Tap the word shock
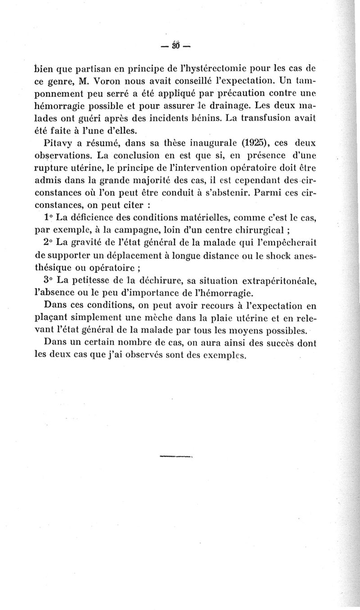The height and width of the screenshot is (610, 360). coord(274,256)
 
